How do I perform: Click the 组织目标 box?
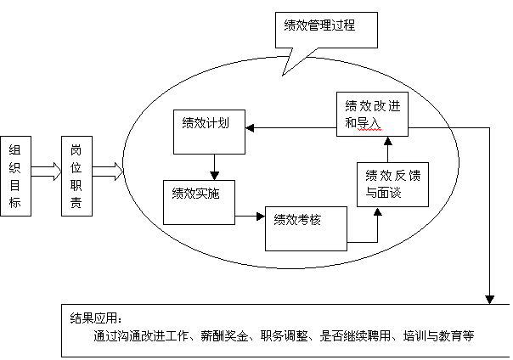coord(16,174)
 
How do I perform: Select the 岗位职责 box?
coord(76,174)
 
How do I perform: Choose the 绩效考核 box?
coord(307,227)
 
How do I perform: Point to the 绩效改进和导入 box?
coord(373,114)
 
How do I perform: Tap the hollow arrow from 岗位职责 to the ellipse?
coord(107,173)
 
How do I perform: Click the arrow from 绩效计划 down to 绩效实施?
coord(216,164)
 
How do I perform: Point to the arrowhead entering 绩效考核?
coord(261,217)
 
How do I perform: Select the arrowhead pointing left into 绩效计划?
coord(249,128)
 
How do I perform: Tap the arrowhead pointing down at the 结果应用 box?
coord(489,299)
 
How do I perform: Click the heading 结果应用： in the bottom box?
coord(96,318)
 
